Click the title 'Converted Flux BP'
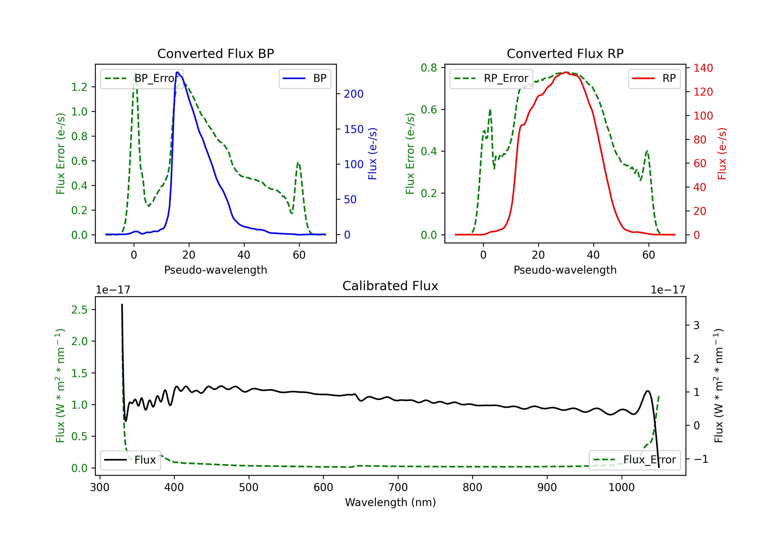tap(215, 53)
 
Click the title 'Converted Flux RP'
tap(565, 53)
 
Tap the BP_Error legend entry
tap(142, 78)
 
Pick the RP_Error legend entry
tap(491, 78)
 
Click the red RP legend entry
tap(655, 78)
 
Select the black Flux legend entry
tap(131, 460)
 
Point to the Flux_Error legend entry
tap(634, 460)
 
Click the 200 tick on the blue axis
tap(354, 94)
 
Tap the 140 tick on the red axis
tap(703, 68)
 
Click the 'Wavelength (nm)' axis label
tap(390, 502)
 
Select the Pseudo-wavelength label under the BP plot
tap(215, 270)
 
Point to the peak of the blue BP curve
tap(178, 72)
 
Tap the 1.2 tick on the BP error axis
tap(79, 87)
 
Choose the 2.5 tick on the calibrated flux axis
tap(79, 310)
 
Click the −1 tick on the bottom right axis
tap(701, 459)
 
